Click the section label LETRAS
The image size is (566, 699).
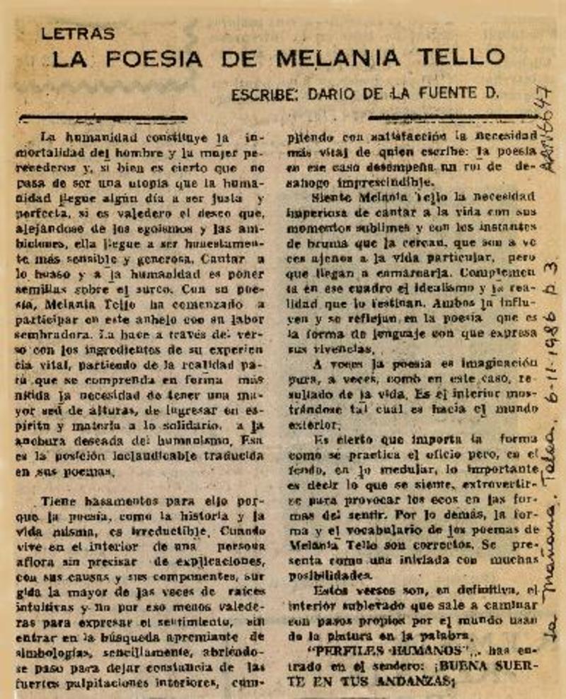[78, 33]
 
